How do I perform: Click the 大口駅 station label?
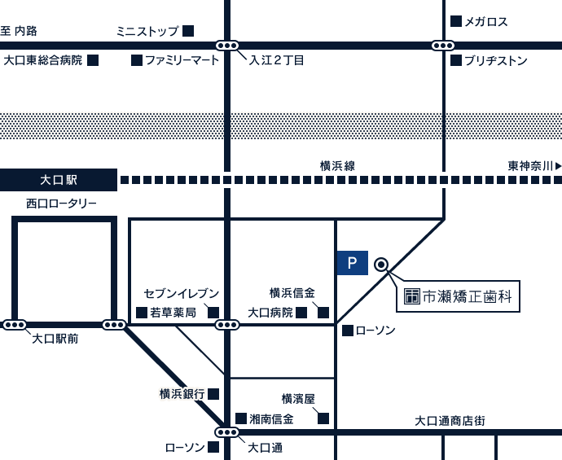click(x=58, y=180)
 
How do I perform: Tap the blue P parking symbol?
click(x=352, y=263)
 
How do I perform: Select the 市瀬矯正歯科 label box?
click(x=459, y=297)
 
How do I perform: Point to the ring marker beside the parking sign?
click(x=380, y=264)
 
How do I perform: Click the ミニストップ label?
click(x=147, y=32)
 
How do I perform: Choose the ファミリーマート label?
click(x=181, y=60)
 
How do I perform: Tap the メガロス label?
click(x=486, y=22)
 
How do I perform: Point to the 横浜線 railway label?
click(x=337, y=166)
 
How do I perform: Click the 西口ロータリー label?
click(x=61, y=204)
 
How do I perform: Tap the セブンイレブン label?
click(x=181, y=293)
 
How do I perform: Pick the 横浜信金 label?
click(x=292, y=293)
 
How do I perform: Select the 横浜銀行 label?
click(x=182, y=394)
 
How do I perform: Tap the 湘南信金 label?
click(x=271, y=419)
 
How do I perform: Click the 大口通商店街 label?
click(x=450, y=421)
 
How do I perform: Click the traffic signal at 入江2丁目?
click(x=227, y=46)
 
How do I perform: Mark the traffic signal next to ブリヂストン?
click(x=443, y=46)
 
